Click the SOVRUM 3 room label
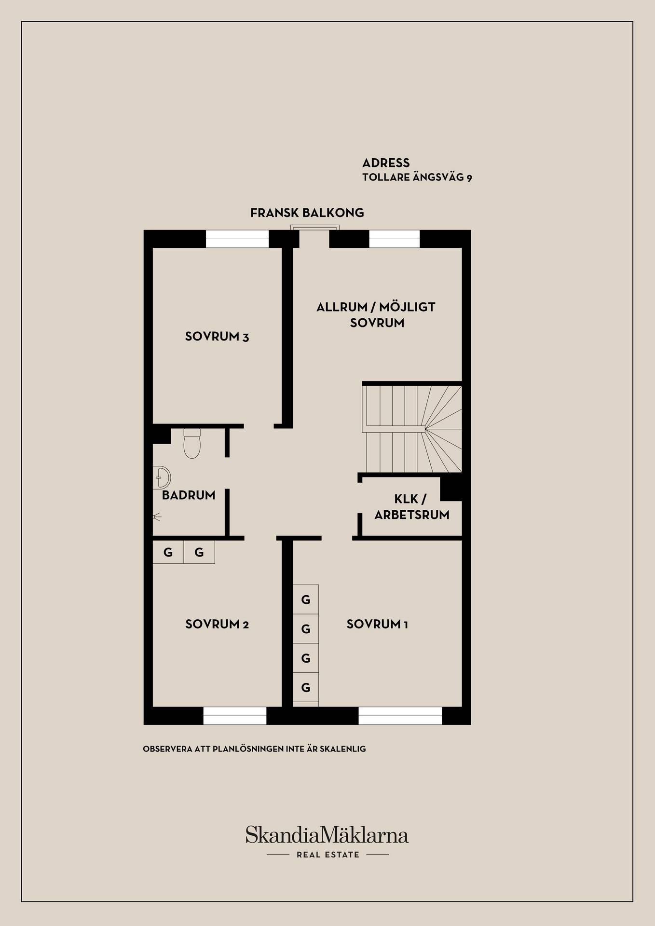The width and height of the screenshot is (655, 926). (x=217, y=337)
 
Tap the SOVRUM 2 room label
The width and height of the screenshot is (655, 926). (x=217, y=624)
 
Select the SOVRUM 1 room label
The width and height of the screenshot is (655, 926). (x=377, y=624)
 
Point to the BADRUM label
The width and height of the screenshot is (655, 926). (x=189, y=495)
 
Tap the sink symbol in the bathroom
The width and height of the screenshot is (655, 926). (x=162, y=477)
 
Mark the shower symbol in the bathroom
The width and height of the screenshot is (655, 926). (x=157, y=517)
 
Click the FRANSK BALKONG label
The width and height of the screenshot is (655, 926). (x=307, y=213)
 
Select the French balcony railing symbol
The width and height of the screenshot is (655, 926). (x=315, y=228)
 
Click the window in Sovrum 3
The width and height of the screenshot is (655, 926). (x=237, y=239)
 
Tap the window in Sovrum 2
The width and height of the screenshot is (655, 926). (x=235, y=716)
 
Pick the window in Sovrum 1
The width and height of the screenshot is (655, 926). (x=400, y=716)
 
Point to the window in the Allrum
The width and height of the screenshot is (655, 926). (x=395, y=239)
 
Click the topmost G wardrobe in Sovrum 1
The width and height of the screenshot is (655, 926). (x=306, y=599)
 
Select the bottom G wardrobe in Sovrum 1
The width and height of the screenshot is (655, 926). (x=306, y=687)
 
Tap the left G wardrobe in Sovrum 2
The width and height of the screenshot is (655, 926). (x=168, y=552)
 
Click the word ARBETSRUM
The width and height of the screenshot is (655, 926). (x=412, y=515)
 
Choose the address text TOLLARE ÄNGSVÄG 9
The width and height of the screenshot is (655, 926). (x=417, y=177)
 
